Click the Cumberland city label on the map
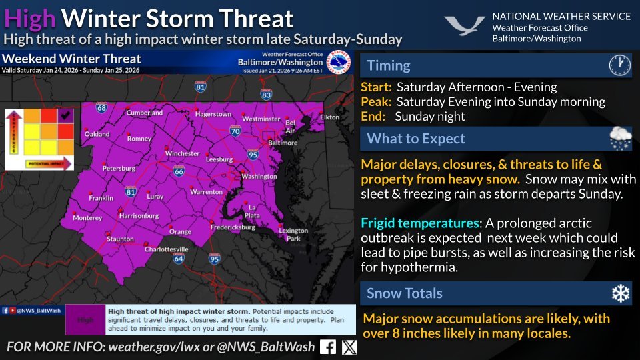144,113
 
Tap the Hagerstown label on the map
213,114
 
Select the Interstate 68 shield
101,107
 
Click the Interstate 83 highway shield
267,95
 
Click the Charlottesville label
168,249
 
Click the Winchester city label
182,153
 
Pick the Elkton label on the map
330,117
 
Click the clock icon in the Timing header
619,65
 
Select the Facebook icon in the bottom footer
328,347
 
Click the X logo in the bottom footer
349,347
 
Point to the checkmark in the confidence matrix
65,116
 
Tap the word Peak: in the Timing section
377,102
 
